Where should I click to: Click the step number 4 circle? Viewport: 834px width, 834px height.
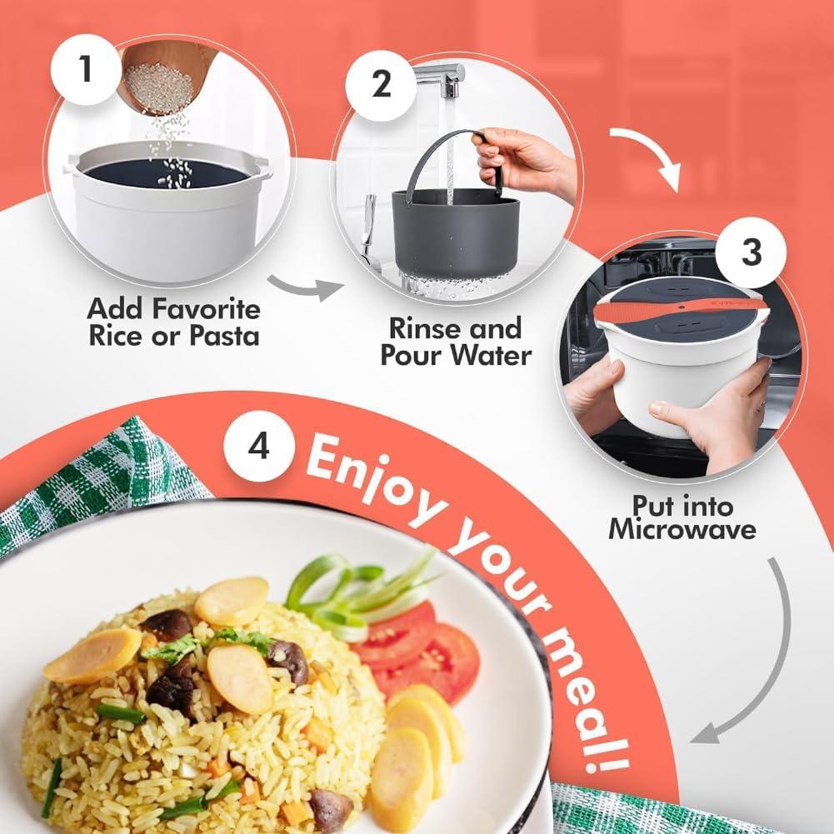coord(259,447)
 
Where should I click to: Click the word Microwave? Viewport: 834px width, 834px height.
coord(682,530)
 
